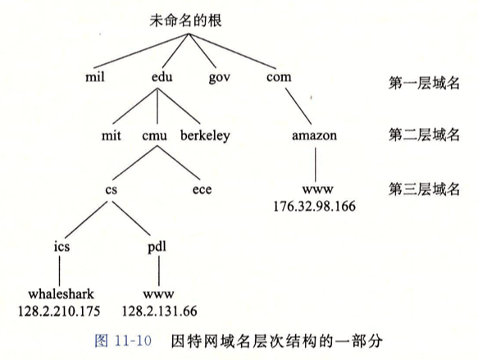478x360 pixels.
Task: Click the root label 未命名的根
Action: [x=185, y=21]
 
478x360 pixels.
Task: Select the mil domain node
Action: [x=95, y=76]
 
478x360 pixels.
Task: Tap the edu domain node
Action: [x=162, y=76]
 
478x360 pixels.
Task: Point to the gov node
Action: [x=219, y=78]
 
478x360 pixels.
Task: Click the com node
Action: [x=279, y=77]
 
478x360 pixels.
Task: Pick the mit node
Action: [x=111, y=135]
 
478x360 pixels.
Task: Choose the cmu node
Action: [x=155, y=136]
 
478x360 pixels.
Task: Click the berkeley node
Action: [x=205, y=135]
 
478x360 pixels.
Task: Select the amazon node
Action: [x=314, y=135]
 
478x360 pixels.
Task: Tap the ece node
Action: [x=202, y=190]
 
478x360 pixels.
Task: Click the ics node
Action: [x=61, y=246]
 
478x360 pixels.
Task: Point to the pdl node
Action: [x=157, y=247]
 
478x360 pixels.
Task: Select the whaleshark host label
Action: [x=61, y=294]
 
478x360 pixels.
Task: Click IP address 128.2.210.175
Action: [x=59, y=312]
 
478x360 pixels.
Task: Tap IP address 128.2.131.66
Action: [x=159, y=312]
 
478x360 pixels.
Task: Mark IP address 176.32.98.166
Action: [x=314, y=207]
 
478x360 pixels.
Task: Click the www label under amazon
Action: [x=317, y=189]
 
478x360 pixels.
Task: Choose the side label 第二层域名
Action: [x=424, y=134]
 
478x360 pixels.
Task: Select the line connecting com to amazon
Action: [x=298, y=107]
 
